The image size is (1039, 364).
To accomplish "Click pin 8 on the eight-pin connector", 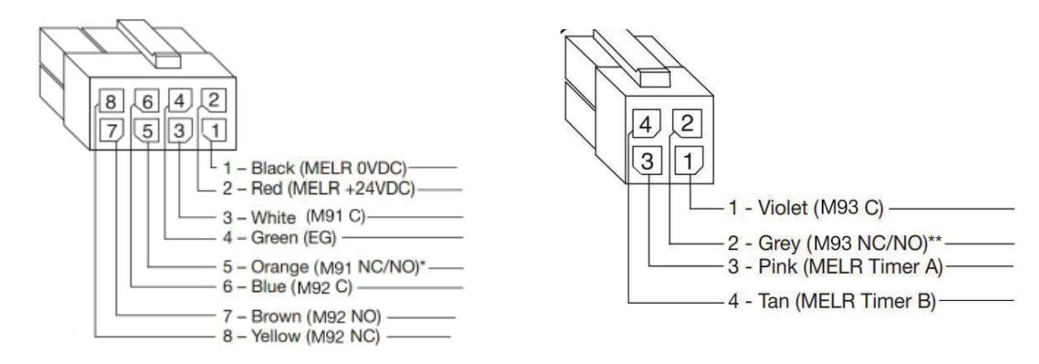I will [109, 101].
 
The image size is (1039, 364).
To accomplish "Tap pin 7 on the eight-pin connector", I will [109, 131].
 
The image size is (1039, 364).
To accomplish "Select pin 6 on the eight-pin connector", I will [143, 101].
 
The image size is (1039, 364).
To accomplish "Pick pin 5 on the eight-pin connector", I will [144, 131].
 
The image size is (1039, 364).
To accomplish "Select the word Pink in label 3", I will [768, 266].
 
